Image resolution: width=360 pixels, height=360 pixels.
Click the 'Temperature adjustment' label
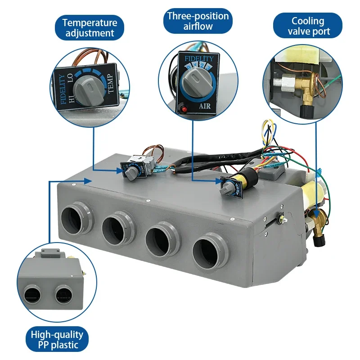[90, 27]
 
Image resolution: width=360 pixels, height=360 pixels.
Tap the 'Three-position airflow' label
[198, 21]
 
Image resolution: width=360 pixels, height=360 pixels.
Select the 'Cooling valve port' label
[308, 26]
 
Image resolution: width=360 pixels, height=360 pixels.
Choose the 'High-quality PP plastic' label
[57, 340]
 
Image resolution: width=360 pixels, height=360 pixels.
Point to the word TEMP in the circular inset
[110, 83]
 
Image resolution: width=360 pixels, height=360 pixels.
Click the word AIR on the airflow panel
[205, 106]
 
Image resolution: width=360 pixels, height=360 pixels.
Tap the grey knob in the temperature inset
[87, 90]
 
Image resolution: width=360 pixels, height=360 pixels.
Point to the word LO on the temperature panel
[70, 78]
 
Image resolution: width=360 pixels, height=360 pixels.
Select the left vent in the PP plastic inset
[32, 294]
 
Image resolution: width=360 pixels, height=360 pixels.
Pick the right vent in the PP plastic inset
[63, 294]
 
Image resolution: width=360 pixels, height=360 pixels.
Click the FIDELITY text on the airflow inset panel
[199, 59]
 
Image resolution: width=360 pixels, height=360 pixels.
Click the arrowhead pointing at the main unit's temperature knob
[120, 171]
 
